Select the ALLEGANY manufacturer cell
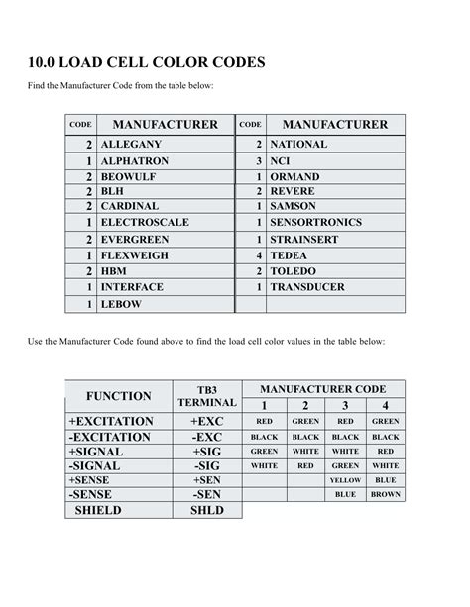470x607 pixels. (131, 145)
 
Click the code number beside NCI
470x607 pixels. (258, 160)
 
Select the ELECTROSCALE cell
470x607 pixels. (145, 223)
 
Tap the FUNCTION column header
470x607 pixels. (118, 396)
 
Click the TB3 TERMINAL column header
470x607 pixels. (206, 396)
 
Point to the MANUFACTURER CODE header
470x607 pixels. (322, 389)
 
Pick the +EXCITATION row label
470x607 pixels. (111, 421)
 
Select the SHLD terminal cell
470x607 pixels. (206, 510)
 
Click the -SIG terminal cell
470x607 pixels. (206, 465)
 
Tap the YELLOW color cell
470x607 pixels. (345, 480)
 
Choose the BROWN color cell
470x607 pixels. (386, 494)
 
